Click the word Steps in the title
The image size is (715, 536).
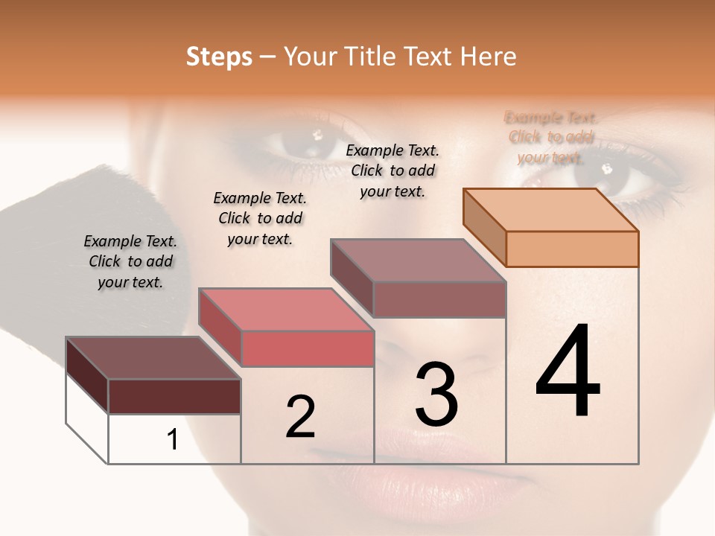[x=219, y=57]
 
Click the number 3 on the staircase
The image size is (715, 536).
[x=436, y=394]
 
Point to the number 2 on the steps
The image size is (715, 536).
[x=300, y=416]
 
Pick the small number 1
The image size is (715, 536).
[x=173, y=439]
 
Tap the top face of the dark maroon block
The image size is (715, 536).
[x=152, y=357]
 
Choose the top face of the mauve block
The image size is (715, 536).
[x=418, y=260]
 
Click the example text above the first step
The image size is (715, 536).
[x=130, y=261]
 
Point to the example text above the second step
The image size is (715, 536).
[x=260, y=218]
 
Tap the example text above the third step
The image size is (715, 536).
[x=393, y=170]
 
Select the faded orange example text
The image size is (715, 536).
[x=551, y=137]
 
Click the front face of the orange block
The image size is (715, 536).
[x=572, y=249]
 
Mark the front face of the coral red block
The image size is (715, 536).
[x=307, y=348]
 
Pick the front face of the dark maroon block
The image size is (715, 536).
[x=174, y=396]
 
